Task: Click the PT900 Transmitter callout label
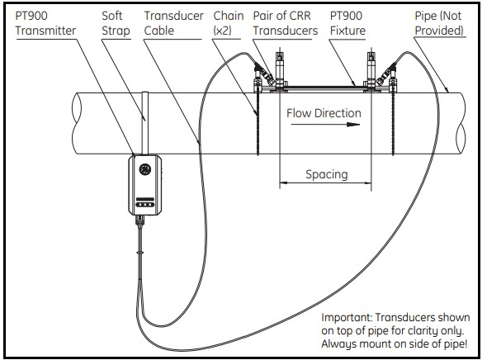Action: [x=45, y=23]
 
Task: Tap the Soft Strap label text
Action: [x=116, y=23]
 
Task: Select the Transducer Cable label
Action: [x=173, y=23]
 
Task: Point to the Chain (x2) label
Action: [x=229, y=23]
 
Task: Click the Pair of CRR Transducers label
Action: [x=285, y=23]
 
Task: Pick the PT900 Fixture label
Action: [x=348, y=23]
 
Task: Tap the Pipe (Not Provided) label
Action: [x=439, y=23]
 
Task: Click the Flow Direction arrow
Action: [x=325, y=125]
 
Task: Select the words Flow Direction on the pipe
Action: [x=324, y=113]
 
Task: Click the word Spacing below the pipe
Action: [x=326, y=174]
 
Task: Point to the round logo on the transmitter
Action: [x=145, y=169]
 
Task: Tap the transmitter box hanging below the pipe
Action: [x=145, y=185]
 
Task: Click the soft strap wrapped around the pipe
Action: [x=144, y=123]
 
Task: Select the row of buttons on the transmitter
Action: [x=145, y=205]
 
